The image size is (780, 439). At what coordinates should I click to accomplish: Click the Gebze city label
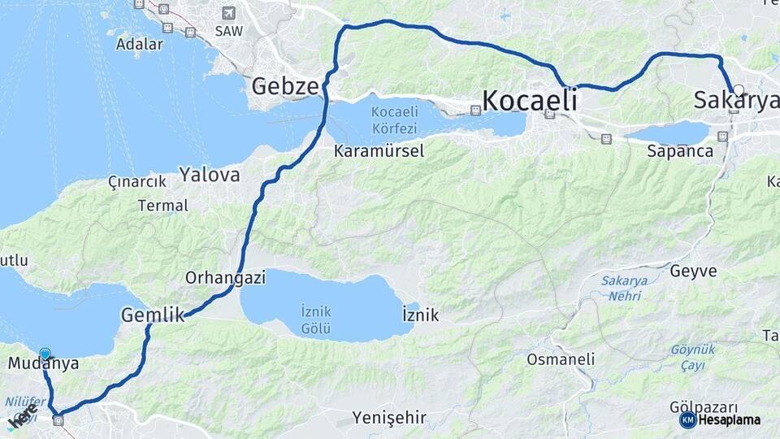click(x=285, y=86)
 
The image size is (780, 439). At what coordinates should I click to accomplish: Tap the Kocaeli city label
click(x=530, y=100)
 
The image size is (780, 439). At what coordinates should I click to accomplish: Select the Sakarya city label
click(x=735, y=100)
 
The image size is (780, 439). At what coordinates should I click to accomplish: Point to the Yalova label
click(x=210, y=174)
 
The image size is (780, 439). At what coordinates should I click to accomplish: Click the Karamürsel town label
click(x=379, y=151)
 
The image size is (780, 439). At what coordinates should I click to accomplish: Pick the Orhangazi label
click(x=225, y=278)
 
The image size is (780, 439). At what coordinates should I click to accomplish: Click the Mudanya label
click(x=43, y=363)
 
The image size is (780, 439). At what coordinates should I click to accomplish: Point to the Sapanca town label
click(x=680, y=151)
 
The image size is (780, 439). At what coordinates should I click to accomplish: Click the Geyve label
click(x=693, y=271)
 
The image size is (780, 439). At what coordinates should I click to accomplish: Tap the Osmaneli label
click(x=561, y=359)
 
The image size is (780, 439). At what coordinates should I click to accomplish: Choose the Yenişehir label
click(x=389, y=418)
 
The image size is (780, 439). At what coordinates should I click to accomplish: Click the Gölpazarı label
click(x=704, y=406)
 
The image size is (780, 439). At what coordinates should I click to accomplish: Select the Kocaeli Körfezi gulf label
click(x=394, y=120)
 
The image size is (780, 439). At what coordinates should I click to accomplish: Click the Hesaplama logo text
click(x=730, y=420)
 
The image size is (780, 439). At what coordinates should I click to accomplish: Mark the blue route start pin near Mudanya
click(x=45, y=354)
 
